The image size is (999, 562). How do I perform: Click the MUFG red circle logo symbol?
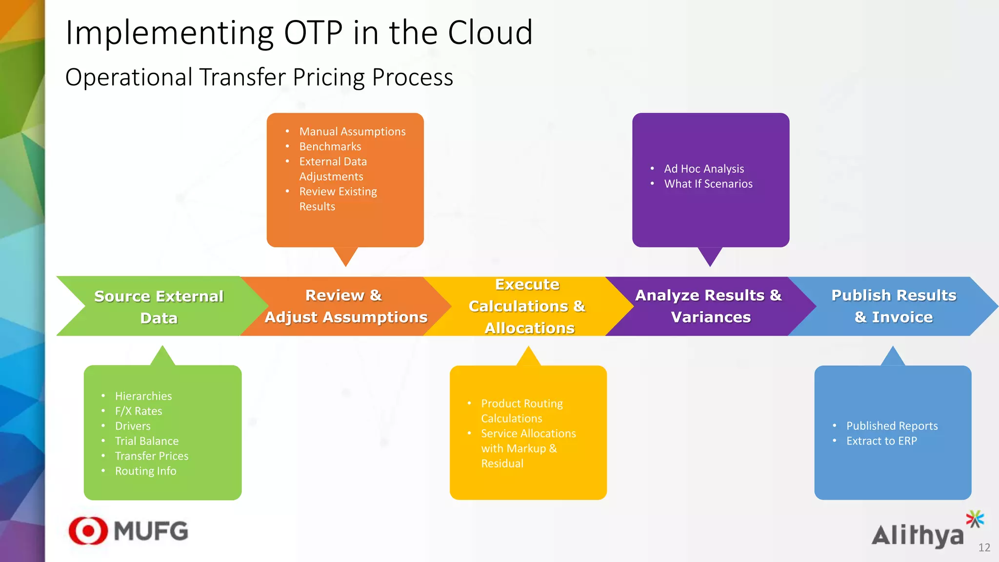pos(88,531)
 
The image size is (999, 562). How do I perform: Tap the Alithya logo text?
pos(918,535)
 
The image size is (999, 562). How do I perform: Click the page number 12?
pos(984,548)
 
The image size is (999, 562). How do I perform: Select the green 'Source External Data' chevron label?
pos(159,307)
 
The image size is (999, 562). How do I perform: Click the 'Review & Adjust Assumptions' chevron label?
pos(345,306)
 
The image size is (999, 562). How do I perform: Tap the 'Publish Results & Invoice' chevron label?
pos(894,306)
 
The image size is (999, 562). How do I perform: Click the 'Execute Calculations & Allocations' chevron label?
pos(528,306)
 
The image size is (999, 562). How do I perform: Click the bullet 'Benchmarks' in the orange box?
pos(330,146)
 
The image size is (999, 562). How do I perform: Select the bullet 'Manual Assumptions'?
pos(352,132)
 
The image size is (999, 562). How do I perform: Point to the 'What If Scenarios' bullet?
pos(708,184)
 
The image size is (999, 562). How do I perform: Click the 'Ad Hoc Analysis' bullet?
pos(703,169)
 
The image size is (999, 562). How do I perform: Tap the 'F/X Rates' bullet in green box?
pos(139,411)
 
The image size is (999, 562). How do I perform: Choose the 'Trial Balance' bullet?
pos(147,441)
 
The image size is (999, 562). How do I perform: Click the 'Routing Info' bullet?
pos(145,471)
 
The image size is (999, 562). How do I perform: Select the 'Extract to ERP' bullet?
pos(881,441)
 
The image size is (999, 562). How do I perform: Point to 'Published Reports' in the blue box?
pos(892,426)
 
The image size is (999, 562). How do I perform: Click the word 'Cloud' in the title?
pos(490,33)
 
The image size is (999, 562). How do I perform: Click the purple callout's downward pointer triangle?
pos(710,256)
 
